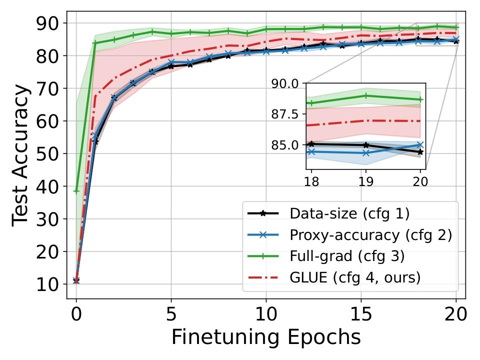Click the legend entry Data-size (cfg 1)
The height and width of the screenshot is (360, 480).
coord(349,214)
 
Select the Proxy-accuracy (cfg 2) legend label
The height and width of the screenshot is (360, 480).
coord(370,235)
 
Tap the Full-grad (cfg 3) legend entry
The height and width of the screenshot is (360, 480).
coord(347,256)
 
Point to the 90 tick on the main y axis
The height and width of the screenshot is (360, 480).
coord(48,23)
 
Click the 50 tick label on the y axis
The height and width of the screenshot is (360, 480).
coord(48,153)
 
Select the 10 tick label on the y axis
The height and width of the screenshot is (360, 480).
coord(48,284)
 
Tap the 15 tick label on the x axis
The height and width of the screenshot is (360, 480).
coord(361,314)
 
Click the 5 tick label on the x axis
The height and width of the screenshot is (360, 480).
coord(171,314)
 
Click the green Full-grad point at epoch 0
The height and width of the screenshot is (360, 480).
coord(76,191)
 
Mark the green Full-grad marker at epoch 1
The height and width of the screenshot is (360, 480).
coord(95,43)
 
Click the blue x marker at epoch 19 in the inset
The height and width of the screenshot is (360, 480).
coord(366,152)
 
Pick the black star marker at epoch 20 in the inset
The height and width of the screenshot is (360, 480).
coord(420,152)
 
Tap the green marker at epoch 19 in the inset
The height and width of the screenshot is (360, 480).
coord(366,95)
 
